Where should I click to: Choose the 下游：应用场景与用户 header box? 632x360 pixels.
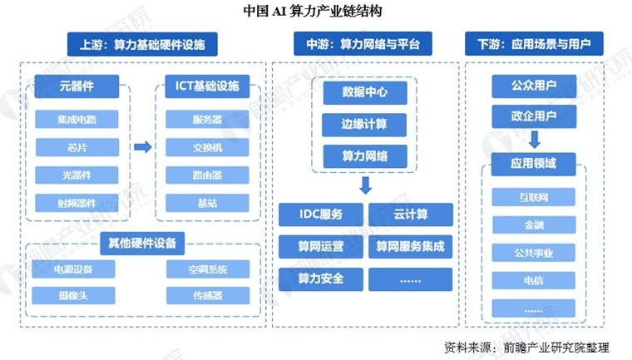[x=534, y=42]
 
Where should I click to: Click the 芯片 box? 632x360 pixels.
[x=77, y=147]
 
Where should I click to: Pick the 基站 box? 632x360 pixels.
[x=206, y=203]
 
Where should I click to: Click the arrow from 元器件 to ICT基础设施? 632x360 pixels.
[x=142, y=147]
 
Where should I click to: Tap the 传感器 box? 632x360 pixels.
[x=207, y=294]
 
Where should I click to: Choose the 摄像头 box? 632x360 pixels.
[x=72, y=294]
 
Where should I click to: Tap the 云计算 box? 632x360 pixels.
[x=411, y=215]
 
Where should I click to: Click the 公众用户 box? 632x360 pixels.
[x=534, y=86]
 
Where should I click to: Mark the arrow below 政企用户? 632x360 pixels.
[x=534, y=138]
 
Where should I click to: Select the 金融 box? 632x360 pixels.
[x=534, y=225]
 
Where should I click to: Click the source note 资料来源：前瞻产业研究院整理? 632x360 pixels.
[x=526, y=346]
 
